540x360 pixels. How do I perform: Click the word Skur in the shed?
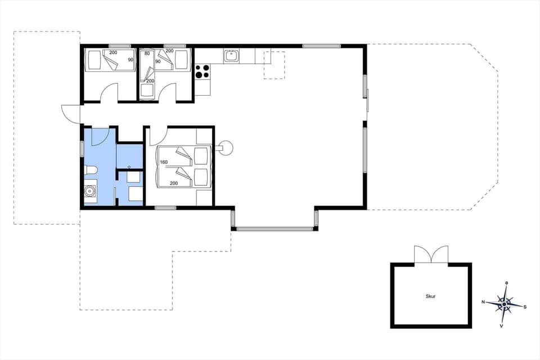point(431,295)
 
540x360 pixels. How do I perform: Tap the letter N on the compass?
point(483,302)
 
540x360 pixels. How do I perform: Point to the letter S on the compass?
point(525,307)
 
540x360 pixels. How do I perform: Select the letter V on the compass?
point(501,326)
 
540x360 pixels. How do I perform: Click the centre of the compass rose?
point(505,304)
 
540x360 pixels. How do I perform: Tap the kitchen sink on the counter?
point(231,56)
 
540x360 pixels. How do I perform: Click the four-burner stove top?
point(202,71)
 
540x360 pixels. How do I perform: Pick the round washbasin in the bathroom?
point(89,191)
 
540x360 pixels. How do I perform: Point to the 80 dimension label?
point(147,53)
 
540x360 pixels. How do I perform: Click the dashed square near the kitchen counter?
point(274,65)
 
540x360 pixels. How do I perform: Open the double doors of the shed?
point(431,254)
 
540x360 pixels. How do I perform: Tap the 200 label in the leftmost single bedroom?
point(113,52)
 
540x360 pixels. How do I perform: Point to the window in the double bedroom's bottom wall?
point(165,208)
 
